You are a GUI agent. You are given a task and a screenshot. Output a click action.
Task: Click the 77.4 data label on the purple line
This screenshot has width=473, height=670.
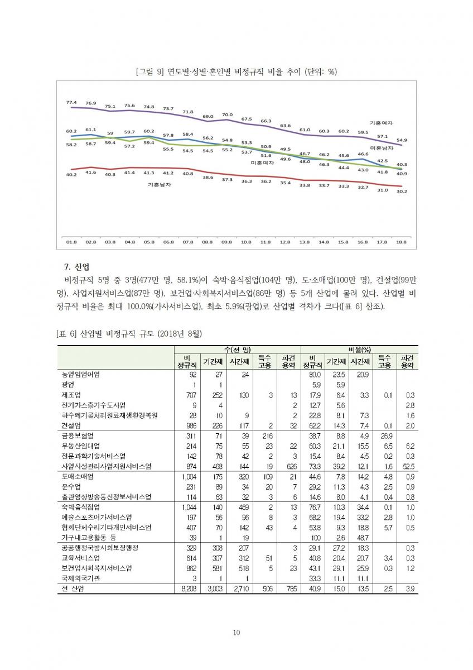click(71, 102)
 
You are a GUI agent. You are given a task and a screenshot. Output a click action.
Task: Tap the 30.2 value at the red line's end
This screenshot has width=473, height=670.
click(401, 192)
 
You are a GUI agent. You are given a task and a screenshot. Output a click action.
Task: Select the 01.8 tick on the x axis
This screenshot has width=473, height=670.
click(71, 242)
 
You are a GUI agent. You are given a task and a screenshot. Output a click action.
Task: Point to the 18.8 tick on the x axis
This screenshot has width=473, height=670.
click(401, 242)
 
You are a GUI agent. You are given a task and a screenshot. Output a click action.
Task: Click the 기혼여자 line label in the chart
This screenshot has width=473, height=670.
click(382, 122)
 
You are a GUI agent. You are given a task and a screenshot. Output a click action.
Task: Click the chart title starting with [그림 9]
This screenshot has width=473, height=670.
click(236, 72)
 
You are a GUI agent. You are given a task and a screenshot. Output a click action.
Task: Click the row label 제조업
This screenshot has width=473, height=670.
click(73, 394)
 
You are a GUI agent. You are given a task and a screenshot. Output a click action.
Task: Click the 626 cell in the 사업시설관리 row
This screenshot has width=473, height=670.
click(289, 466)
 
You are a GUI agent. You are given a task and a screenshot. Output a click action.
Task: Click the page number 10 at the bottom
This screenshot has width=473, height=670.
click(236, 632)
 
